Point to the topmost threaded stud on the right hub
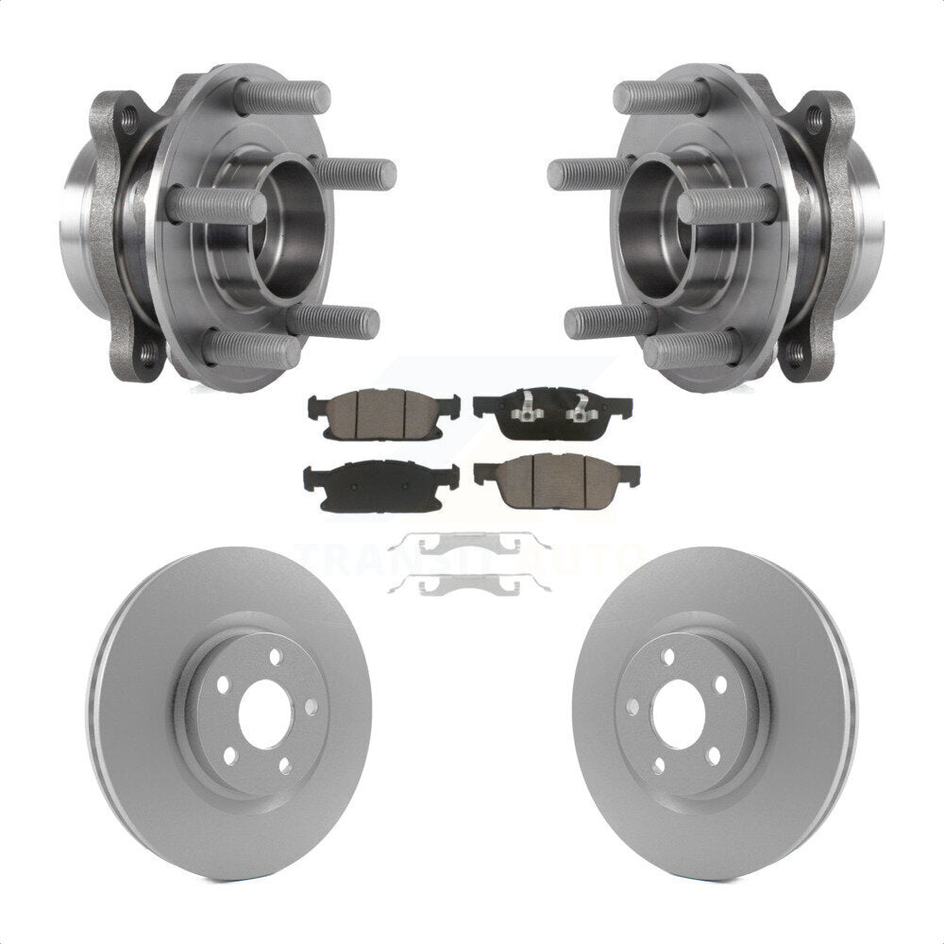click(x=661, y=97)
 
